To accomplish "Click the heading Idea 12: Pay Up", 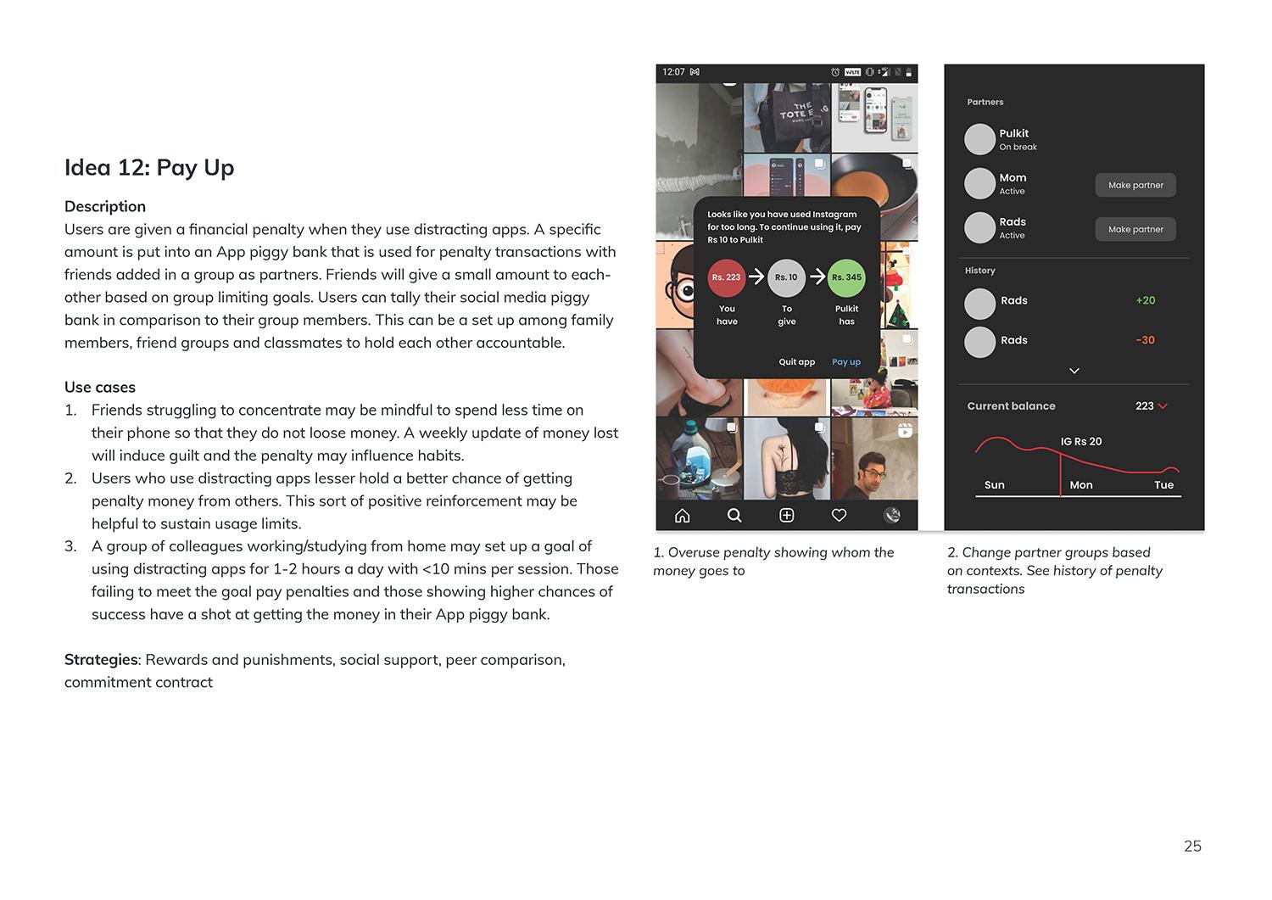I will (x=149, y=168).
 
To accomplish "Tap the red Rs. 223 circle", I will (x=727, y=277).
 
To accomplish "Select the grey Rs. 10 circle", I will (x=786, y=277).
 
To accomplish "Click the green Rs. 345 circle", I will (x=846, y=277).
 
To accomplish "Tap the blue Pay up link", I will (x=846, y=362).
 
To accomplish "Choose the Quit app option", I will (x=796, y=362).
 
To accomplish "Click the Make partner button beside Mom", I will (x=1135, y=185).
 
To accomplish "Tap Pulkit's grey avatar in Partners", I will (x=979, y=139).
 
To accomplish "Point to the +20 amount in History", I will (x=1146, y=300).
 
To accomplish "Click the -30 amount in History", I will (x=1146, y=340).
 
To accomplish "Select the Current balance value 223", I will (x=1145, y=406).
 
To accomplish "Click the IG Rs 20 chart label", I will (x=1081, y=441).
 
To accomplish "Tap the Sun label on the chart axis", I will (x=994, y=485).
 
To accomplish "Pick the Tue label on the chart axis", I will (x=1163, y=485).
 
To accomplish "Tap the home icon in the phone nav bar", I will (x=683, y=515).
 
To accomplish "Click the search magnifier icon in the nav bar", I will (x=734, y=515).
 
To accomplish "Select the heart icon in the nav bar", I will (x=839, y=515).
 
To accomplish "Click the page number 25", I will (x=1192, y=846).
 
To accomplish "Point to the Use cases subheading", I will (x=100, y=388).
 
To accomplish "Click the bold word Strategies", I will (x=101, y=660).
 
